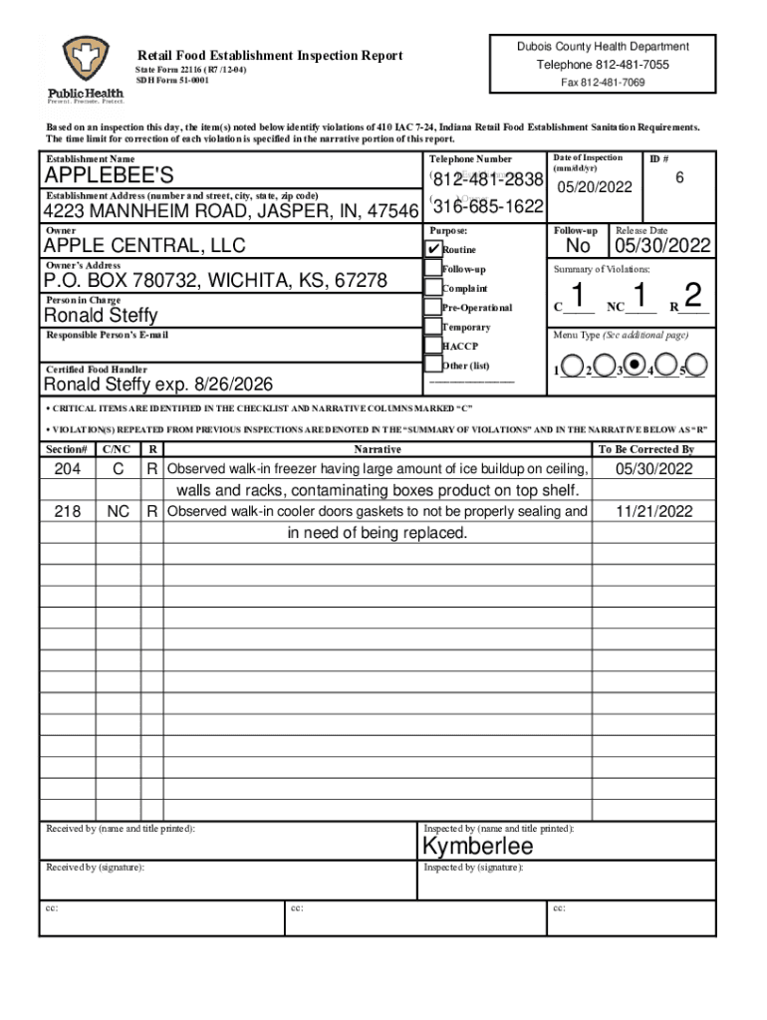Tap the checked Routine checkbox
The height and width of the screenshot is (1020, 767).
click(x=432, y=248)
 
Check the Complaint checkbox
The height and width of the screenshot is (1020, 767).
click(x=432, y=288)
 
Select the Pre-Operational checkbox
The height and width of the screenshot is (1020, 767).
click(x=432, y=307)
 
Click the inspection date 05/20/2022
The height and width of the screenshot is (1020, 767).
click(x=595, y=187)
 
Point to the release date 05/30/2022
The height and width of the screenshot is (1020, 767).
click(x=662, y=246)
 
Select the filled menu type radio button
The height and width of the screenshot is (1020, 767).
click(x=632, y=367)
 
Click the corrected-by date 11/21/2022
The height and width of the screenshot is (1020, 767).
click(x=653, y=511)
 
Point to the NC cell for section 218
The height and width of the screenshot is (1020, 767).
click(x=118, y=511)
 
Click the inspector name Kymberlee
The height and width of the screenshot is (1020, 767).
click(x=478, y=847)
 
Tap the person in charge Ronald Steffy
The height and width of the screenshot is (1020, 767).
click(x=100, y=316)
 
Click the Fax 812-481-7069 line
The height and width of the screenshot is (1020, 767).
click(x=603, y=82)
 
